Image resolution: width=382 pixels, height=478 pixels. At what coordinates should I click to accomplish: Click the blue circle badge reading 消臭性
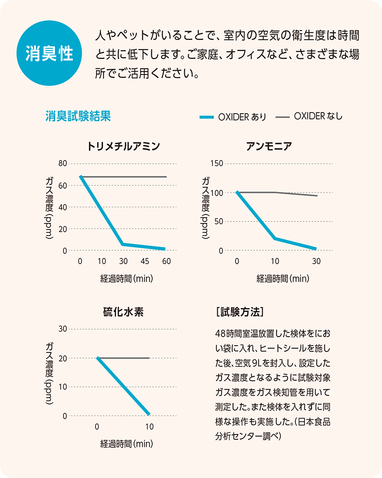(x=49, y=53)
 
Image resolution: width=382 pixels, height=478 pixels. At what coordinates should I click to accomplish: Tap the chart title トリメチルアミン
(x=123, y=146)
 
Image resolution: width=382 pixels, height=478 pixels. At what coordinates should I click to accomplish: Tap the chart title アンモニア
(x=276, y=146)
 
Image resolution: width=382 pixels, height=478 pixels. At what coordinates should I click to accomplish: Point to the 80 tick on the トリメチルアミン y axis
(x=63, y=163)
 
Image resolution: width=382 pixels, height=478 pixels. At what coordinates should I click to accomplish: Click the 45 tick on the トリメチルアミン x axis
(x=145, y=261)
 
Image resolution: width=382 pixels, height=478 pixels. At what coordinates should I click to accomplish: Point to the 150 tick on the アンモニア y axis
(x=217, y=163)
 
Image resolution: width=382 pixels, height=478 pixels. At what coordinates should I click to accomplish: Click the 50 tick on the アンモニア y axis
(x=219, y=222)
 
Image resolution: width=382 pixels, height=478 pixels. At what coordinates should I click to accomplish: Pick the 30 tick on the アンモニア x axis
(x=316, y=261)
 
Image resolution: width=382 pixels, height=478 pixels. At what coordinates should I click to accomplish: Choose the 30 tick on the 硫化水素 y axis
(x=63, y=329)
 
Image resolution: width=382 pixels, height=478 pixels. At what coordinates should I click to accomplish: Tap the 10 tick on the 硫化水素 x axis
(x=149, y=426)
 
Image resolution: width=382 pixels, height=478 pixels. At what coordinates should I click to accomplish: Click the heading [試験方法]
(x=239, y=312)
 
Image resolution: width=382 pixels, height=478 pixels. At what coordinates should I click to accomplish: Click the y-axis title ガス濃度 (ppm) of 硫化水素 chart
(x=50, y=372)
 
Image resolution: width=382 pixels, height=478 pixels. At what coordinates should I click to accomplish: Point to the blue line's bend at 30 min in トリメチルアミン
(x=123, y=244)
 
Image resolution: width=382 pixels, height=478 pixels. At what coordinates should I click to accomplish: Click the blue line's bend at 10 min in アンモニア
(x=275, y=238)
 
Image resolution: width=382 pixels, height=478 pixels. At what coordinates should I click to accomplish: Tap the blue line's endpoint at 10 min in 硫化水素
(x=149, y=414)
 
